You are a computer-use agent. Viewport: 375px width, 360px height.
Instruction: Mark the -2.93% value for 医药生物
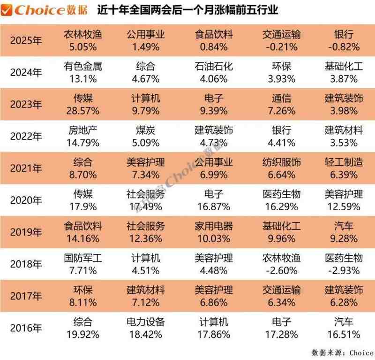click(x=344, y=271)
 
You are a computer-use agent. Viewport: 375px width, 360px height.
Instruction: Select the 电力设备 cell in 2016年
click(x=145, y=322)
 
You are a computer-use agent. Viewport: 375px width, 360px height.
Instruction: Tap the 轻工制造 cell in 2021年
click(x=344, y=162)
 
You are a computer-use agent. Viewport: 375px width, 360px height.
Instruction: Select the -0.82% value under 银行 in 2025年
click(x=344, y=47)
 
